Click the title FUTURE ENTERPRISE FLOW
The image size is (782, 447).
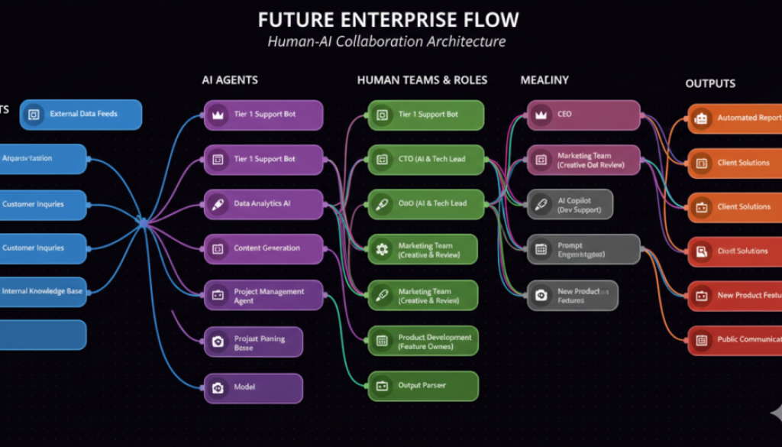388,19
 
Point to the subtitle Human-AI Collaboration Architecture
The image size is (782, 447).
386,41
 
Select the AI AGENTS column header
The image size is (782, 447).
229,79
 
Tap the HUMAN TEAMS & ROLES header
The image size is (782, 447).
422,79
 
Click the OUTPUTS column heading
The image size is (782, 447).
709,83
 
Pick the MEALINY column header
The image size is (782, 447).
544,79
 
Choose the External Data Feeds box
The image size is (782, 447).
81,115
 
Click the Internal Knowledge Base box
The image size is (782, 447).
43,291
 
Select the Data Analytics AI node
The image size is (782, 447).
263,204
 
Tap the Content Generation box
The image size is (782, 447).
263,248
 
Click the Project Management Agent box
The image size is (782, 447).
263,296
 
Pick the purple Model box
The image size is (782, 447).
253,387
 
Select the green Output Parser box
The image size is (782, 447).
423,386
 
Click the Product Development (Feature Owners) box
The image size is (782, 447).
423,342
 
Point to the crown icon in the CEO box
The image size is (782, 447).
541,115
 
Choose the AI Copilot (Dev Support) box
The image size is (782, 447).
570,205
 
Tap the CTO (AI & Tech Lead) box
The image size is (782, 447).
426,159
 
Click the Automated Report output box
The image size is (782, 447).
735,118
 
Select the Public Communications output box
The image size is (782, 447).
735,340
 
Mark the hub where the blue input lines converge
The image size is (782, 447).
142,222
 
